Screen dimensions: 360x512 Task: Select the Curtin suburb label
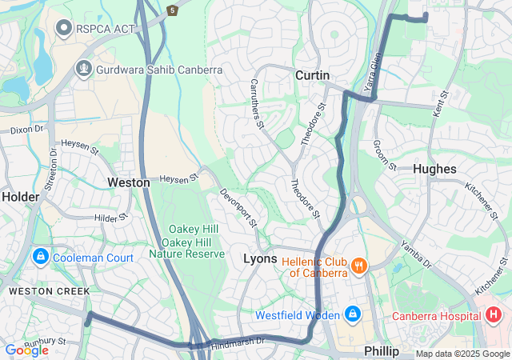pyautogui.click(x=312, y=74)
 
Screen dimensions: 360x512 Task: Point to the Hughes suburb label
pyautogui.click(x=434, y=169)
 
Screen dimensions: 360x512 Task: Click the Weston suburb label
pyautogui.click(x=128, y=182)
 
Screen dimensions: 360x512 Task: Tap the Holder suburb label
pyautogui.click(x=20, y=196)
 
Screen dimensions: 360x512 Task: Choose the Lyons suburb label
pyautogui.click(x=259, y=259)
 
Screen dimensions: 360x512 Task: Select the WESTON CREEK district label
pyautogui.click(x=49, y=291)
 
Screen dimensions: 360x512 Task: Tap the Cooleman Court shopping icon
pyautogui.click(x=39, y=258)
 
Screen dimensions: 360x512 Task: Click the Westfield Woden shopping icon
pyautogui.click(x=352, y=314)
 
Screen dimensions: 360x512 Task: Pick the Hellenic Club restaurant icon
pyautogui.click(x=359, y=265)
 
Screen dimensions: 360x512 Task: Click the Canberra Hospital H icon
pyautogui.click(x=493, y=315)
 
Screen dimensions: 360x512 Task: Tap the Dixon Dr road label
pyautogui.click(x=27, y=129)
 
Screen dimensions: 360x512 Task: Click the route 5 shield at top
pyautogui.click(x=172, y=10)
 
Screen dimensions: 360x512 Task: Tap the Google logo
pyautogui.click(x=26, y=350)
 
